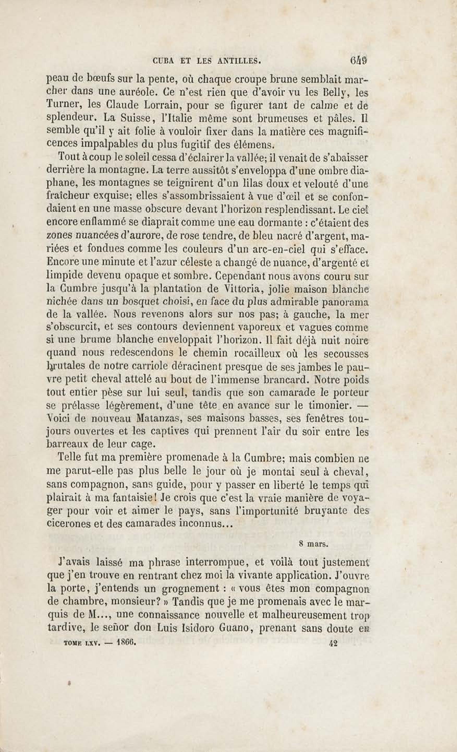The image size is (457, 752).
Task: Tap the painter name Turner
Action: click(63, 105)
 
